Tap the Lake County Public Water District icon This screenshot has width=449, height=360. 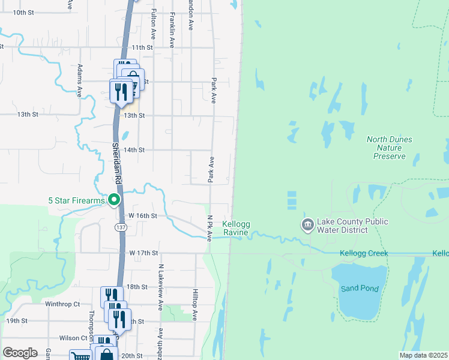[307, 226]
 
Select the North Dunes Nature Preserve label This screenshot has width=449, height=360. [390, 148]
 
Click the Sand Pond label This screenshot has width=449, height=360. [360, 289]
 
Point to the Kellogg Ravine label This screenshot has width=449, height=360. [235, 228]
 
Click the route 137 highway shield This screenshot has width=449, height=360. [121, 227]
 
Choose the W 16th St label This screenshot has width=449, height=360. [143, 215]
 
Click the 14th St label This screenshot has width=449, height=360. [134, 150]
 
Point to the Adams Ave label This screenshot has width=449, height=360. [79, 82]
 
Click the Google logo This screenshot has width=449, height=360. [20, 353]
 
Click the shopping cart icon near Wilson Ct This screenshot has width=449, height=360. [79, 356]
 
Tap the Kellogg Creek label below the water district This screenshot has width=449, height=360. [364, 253]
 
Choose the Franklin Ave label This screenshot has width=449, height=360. [172, 30]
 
